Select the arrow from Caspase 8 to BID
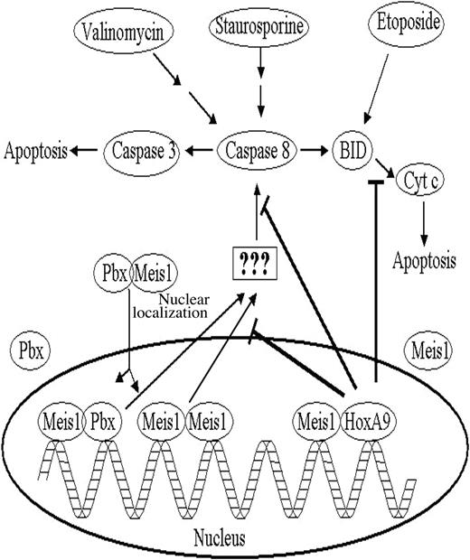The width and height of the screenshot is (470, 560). (315, 151)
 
